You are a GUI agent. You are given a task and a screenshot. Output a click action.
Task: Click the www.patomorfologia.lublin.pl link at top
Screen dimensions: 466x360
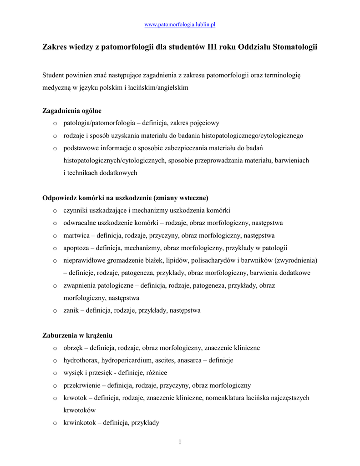[180, 24]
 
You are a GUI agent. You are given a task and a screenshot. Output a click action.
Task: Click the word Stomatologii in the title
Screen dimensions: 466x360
[295, 47]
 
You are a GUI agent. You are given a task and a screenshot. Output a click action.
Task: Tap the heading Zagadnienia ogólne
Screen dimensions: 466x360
[72, 111]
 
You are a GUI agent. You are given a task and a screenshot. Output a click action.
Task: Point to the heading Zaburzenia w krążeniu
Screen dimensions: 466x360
[77, 335]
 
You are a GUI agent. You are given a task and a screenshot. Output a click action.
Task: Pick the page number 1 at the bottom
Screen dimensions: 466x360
[180, 441]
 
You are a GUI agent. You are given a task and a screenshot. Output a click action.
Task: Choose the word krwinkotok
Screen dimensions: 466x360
[80, 423]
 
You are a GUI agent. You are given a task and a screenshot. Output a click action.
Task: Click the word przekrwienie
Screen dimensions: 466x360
[83, 385]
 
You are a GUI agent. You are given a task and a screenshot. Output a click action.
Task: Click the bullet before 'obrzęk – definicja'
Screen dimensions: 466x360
[55, 348]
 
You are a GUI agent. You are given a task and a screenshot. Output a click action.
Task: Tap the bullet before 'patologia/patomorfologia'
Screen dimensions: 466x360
[55, 123]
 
